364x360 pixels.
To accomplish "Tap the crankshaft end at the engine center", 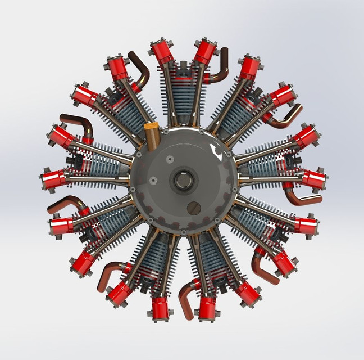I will (183, 181).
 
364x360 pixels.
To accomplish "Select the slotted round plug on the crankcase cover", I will (194, 208).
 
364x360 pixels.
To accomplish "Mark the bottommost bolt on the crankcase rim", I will (183, 231).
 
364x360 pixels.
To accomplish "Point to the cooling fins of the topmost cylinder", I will (183, 90).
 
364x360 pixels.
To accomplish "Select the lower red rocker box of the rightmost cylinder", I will (312, 179).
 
